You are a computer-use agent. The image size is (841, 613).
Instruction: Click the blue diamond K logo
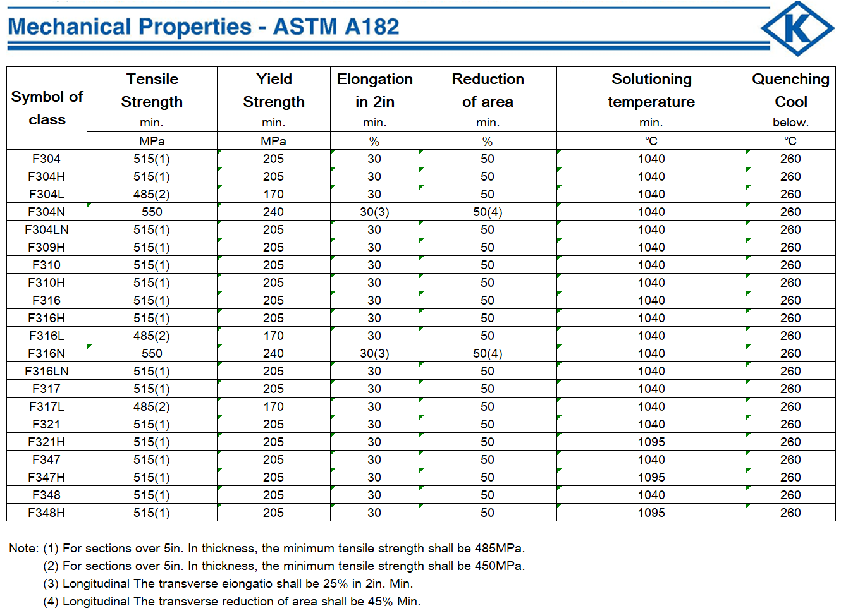[797, 28]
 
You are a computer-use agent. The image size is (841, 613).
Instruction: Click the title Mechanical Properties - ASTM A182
[204, 27]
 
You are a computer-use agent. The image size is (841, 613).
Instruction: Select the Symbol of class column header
[47, 108]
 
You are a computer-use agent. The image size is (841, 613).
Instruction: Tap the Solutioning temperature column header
[651, 90]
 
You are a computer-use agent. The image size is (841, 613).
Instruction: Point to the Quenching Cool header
[790, 90]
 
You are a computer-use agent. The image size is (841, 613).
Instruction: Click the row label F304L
[47, 194]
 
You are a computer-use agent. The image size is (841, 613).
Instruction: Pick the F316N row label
[47, 353]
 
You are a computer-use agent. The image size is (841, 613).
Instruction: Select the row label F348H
[47, 513]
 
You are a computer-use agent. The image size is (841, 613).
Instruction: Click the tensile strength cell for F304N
[152, 212]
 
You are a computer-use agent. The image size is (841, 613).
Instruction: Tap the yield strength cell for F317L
[273, 406]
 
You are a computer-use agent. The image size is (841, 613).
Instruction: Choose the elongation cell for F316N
[374, 353]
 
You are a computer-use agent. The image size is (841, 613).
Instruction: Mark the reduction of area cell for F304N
[488, 212]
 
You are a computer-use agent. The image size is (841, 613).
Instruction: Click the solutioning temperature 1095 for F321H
[651, 442]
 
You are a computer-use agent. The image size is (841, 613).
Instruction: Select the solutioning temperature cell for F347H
[651, 477]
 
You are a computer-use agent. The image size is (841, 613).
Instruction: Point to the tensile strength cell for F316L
[152, 336]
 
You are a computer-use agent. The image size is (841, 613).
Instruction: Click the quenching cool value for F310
[790, 265]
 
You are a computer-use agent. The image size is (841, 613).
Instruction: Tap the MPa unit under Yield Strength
[273, 141]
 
